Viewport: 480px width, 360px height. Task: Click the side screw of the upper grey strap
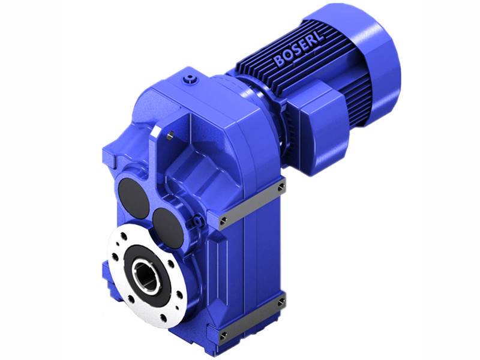281,188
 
